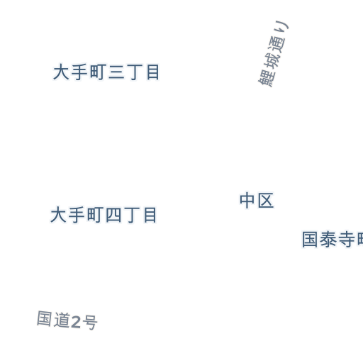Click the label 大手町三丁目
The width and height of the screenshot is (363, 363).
coord(106,72)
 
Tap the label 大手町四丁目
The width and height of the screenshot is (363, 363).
coord(104,215)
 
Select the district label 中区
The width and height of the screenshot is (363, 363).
coord(257,201)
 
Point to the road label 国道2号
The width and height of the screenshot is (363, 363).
coord(67,320)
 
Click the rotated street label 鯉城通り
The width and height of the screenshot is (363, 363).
coord(274,54)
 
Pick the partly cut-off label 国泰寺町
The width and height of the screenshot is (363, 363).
coord(333,240)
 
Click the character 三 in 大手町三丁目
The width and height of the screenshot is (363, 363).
coord(116,72)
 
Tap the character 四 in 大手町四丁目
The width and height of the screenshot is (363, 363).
coord(113,215)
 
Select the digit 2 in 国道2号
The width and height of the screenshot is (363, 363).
coord(76,322)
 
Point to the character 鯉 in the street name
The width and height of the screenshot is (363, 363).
coord(267,79)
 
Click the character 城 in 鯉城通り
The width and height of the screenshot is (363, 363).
coord(272,62)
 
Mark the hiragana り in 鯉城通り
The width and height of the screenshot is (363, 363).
coord(282,28)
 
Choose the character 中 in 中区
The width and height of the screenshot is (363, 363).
coord(247,201)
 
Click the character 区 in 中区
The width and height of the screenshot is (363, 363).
coord(266,201)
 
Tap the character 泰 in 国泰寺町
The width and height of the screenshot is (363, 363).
coord(328,240)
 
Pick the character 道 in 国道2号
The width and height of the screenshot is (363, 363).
coord(62,320)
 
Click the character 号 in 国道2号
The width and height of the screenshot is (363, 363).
coord(90,323)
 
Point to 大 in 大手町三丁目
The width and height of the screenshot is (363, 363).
coord(61,72)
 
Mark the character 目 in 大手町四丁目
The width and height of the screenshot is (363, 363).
coord(150,215)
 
